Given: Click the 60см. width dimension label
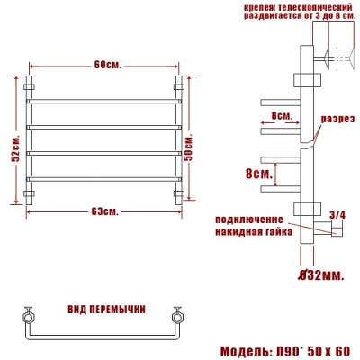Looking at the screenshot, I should [106, 65].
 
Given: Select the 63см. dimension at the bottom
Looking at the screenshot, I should [105, 211].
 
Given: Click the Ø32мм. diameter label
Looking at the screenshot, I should [319, 274].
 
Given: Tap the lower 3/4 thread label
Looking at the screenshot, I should [337, 214].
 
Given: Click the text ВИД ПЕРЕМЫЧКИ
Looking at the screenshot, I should [106, 309].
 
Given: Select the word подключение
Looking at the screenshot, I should [249, 219].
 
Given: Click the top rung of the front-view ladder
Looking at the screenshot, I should [105, 100].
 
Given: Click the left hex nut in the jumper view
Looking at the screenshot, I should [27, 317].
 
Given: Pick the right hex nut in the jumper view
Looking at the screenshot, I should [177, 317].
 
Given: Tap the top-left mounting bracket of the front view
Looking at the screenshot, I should [28, 86].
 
